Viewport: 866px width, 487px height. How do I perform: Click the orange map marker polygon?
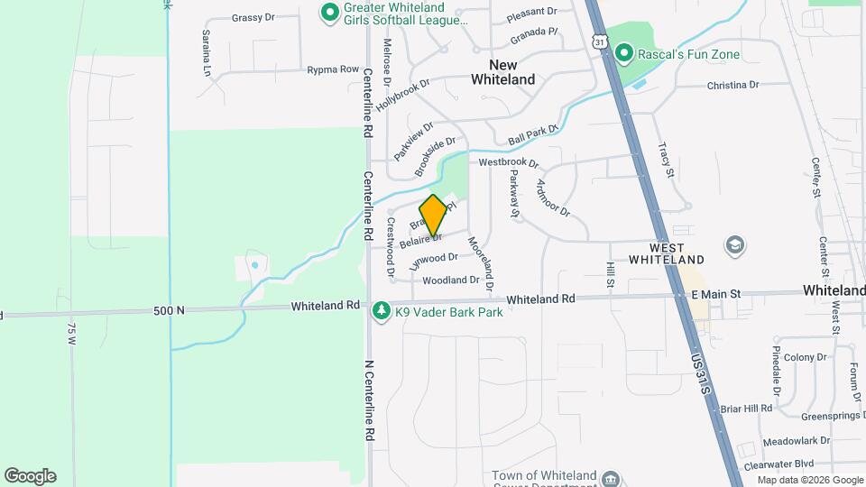pos(434,216)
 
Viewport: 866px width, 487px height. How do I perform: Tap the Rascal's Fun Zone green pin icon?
pos(623,54)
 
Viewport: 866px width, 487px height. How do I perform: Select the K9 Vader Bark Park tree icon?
pos(382,310)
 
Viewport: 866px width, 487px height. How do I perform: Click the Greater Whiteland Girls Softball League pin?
pos(330,13)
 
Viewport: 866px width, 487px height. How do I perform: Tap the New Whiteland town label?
pos(502,72)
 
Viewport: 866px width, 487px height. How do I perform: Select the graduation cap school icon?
pos(735,245)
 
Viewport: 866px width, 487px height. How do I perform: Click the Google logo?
pos(30,476)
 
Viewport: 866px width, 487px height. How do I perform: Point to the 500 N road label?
pos(169,310)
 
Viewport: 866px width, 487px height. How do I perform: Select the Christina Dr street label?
pos(732,85)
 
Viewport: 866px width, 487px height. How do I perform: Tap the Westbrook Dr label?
pos(508,163)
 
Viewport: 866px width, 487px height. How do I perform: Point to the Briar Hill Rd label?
pos(746,408)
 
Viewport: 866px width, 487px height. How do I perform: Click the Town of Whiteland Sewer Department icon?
pos(611,477)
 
